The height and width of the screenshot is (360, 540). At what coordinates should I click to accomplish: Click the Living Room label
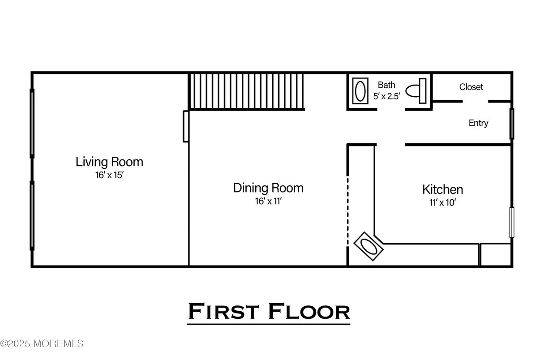pyautogui.click(x=109, y=162)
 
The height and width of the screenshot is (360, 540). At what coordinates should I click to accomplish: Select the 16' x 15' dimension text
pyautogui.click(x=109, y=175)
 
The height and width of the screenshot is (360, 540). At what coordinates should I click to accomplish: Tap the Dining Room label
pyautogui.click(x=268, y=188)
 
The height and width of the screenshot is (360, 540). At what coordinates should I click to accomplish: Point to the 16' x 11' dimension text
pyautogui.click(x=268, y=201)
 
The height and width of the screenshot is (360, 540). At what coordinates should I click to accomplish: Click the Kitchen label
pyautogui.click(x=442, y=189)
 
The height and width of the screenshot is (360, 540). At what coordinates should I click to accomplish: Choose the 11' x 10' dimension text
pyautogui.click(x=442, y=202)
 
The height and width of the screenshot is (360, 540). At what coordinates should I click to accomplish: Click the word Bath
pyautogui.click(x=386, y=85)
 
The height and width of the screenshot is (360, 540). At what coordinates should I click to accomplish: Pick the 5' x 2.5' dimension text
pyautogui.click(x=386, y=96)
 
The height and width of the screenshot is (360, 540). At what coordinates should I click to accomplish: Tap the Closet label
pyautogui.click(x=471, y=87)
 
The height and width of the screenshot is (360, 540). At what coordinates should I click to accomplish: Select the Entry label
pyautogui.click(x=478, y=123)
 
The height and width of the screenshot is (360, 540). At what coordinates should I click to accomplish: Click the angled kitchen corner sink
pyautogui.click(x=369, y=246)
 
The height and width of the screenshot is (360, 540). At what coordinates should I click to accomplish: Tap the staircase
pyautogui.click(x=246, y=91)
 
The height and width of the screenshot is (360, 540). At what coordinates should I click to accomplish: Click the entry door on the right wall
pyautogui.click(x=511, y=123)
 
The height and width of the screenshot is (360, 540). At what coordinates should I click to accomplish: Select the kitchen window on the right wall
pyautogui.click(x=512, y=222)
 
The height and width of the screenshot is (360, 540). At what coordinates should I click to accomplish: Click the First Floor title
pyautogui.click(x=269, y=312)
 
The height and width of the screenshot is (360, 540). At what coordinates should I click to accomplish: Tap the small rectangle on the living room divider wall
pyautogui.click(x=186, y=126)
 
